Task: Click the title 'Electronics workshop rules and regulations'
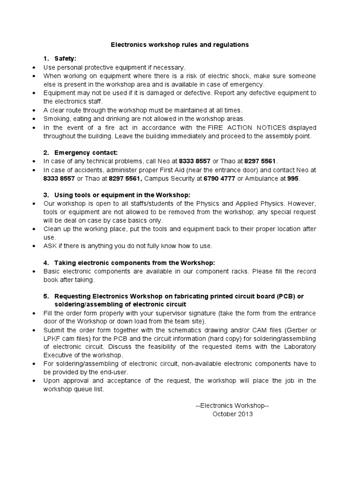(180, 45)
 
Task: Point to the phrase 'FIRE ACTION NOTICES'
(247, 127)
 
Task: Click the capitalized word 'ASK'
(50, 246)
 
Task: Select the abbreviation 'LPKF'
(52, 338)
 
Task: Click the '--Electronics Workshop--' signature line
(232, 405)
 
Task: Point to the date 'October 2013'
(232, 414)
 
